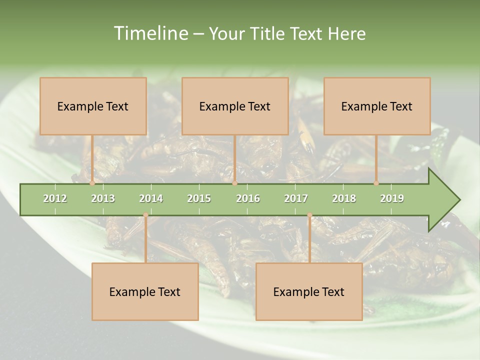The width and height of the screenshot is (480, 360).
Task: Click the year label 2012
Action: click(x=55, y=198)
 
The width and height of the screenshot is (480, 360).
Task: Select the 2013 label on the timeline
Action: click(x=103, y=198)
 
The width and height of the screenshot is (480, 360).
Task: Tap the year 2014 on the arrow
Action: click(x=151, y=198)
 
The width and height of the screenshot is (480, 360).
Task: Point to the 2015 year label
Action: click(x=199, y=198)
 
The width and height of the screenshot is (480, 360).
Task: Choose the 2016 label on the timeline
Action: click(x=248, y=198)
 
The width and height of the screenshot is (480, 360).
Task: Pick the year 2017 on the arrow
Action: click(x=296, y=198)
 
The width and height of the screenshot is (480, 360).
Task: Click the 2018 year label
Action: click(x=344, y=198)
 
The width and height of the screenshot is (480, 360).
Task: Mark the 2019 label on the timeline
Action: click(x=392, y=198)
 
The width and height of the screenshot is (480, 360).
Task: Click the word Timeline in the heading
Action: click(x=150, y=33)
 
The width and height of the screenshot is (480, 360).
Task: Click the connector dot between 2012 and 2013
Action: click(x=92, y=183)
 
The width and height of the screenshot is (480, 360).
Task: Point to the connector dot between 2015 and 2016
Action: click(x=234, y=183)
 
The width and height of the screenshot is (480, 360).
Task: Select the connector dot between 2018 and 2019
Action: click(x=376, y=183)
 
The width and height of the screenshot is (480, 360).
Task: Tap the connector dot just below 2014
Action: click(x=145, y=215)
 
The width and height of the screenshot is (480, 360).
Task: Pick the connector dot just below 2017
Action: click(x=309, y=215)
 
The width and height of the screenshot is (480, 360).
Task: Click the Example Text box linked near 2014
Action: click(x=145, y=291)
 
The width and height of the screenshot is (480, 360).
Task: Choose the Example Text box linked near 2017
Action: click(x=309, y=291)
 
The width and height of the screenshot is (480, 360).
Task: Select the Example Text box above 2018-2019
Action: click(x=377, y=106)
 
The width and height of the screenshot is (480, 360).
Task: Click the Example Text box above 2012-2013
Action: click(x=93, y=106)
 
